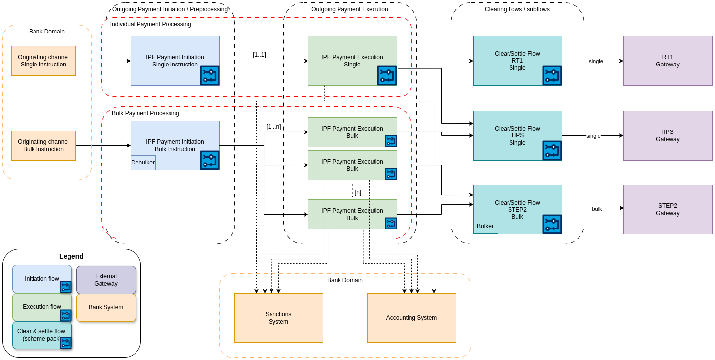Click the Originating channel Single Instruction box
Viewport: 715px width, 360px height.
point(43,61)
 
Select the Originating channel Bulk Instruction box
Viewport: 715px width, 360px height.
point(43,145)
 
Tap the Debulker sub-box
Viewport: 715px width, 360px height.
point(143,163)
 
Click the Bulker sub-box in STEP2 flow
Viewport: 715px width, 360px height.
point(485,226)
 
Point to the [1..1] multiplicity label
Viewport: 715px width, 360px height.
point(259,55)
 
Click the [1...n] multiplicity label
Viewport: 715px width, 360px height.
point(273,127)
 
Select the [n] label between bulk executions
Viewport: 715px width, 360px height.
point(358,192)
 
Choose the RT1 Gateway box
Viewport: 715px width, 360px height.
point(667,61)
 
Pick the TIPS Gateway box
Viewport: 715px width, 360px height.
point(667,135)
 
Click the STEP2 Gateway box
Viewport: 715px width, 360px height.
point(667,209)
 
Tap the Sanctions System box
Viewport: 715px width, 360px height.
point(278,318)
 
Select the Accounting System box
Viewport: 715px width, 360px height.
point(411,318)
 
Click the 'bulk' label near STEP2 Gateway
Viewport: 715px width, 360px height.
point(597,209)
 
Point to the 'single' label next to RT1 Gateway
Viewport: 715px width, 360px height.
point(596,61)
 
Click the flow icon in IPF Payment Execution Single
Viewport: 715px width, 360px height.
point(387,75)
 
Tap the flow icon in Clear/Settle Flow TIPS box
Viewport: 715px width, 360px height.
point(552,150)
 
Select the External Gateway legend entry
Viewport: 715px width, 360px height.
point(106,280)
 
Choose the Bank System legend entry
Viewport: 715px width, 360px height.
point(106,307)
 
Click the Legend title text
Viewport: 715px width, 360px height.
point(71,256)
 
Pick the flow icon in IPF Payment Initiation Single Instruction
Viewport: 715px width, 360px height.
point(209,75)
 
